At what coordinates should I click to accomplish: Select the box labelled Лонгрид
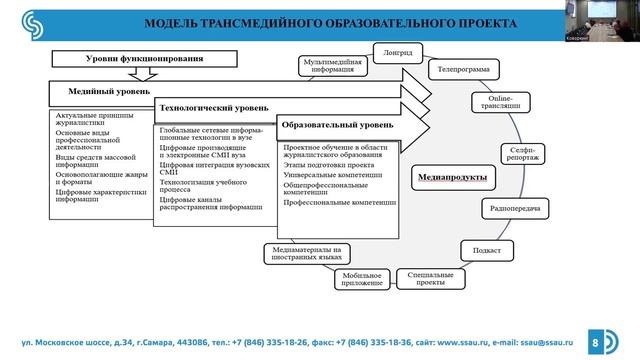coord(392,52)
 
